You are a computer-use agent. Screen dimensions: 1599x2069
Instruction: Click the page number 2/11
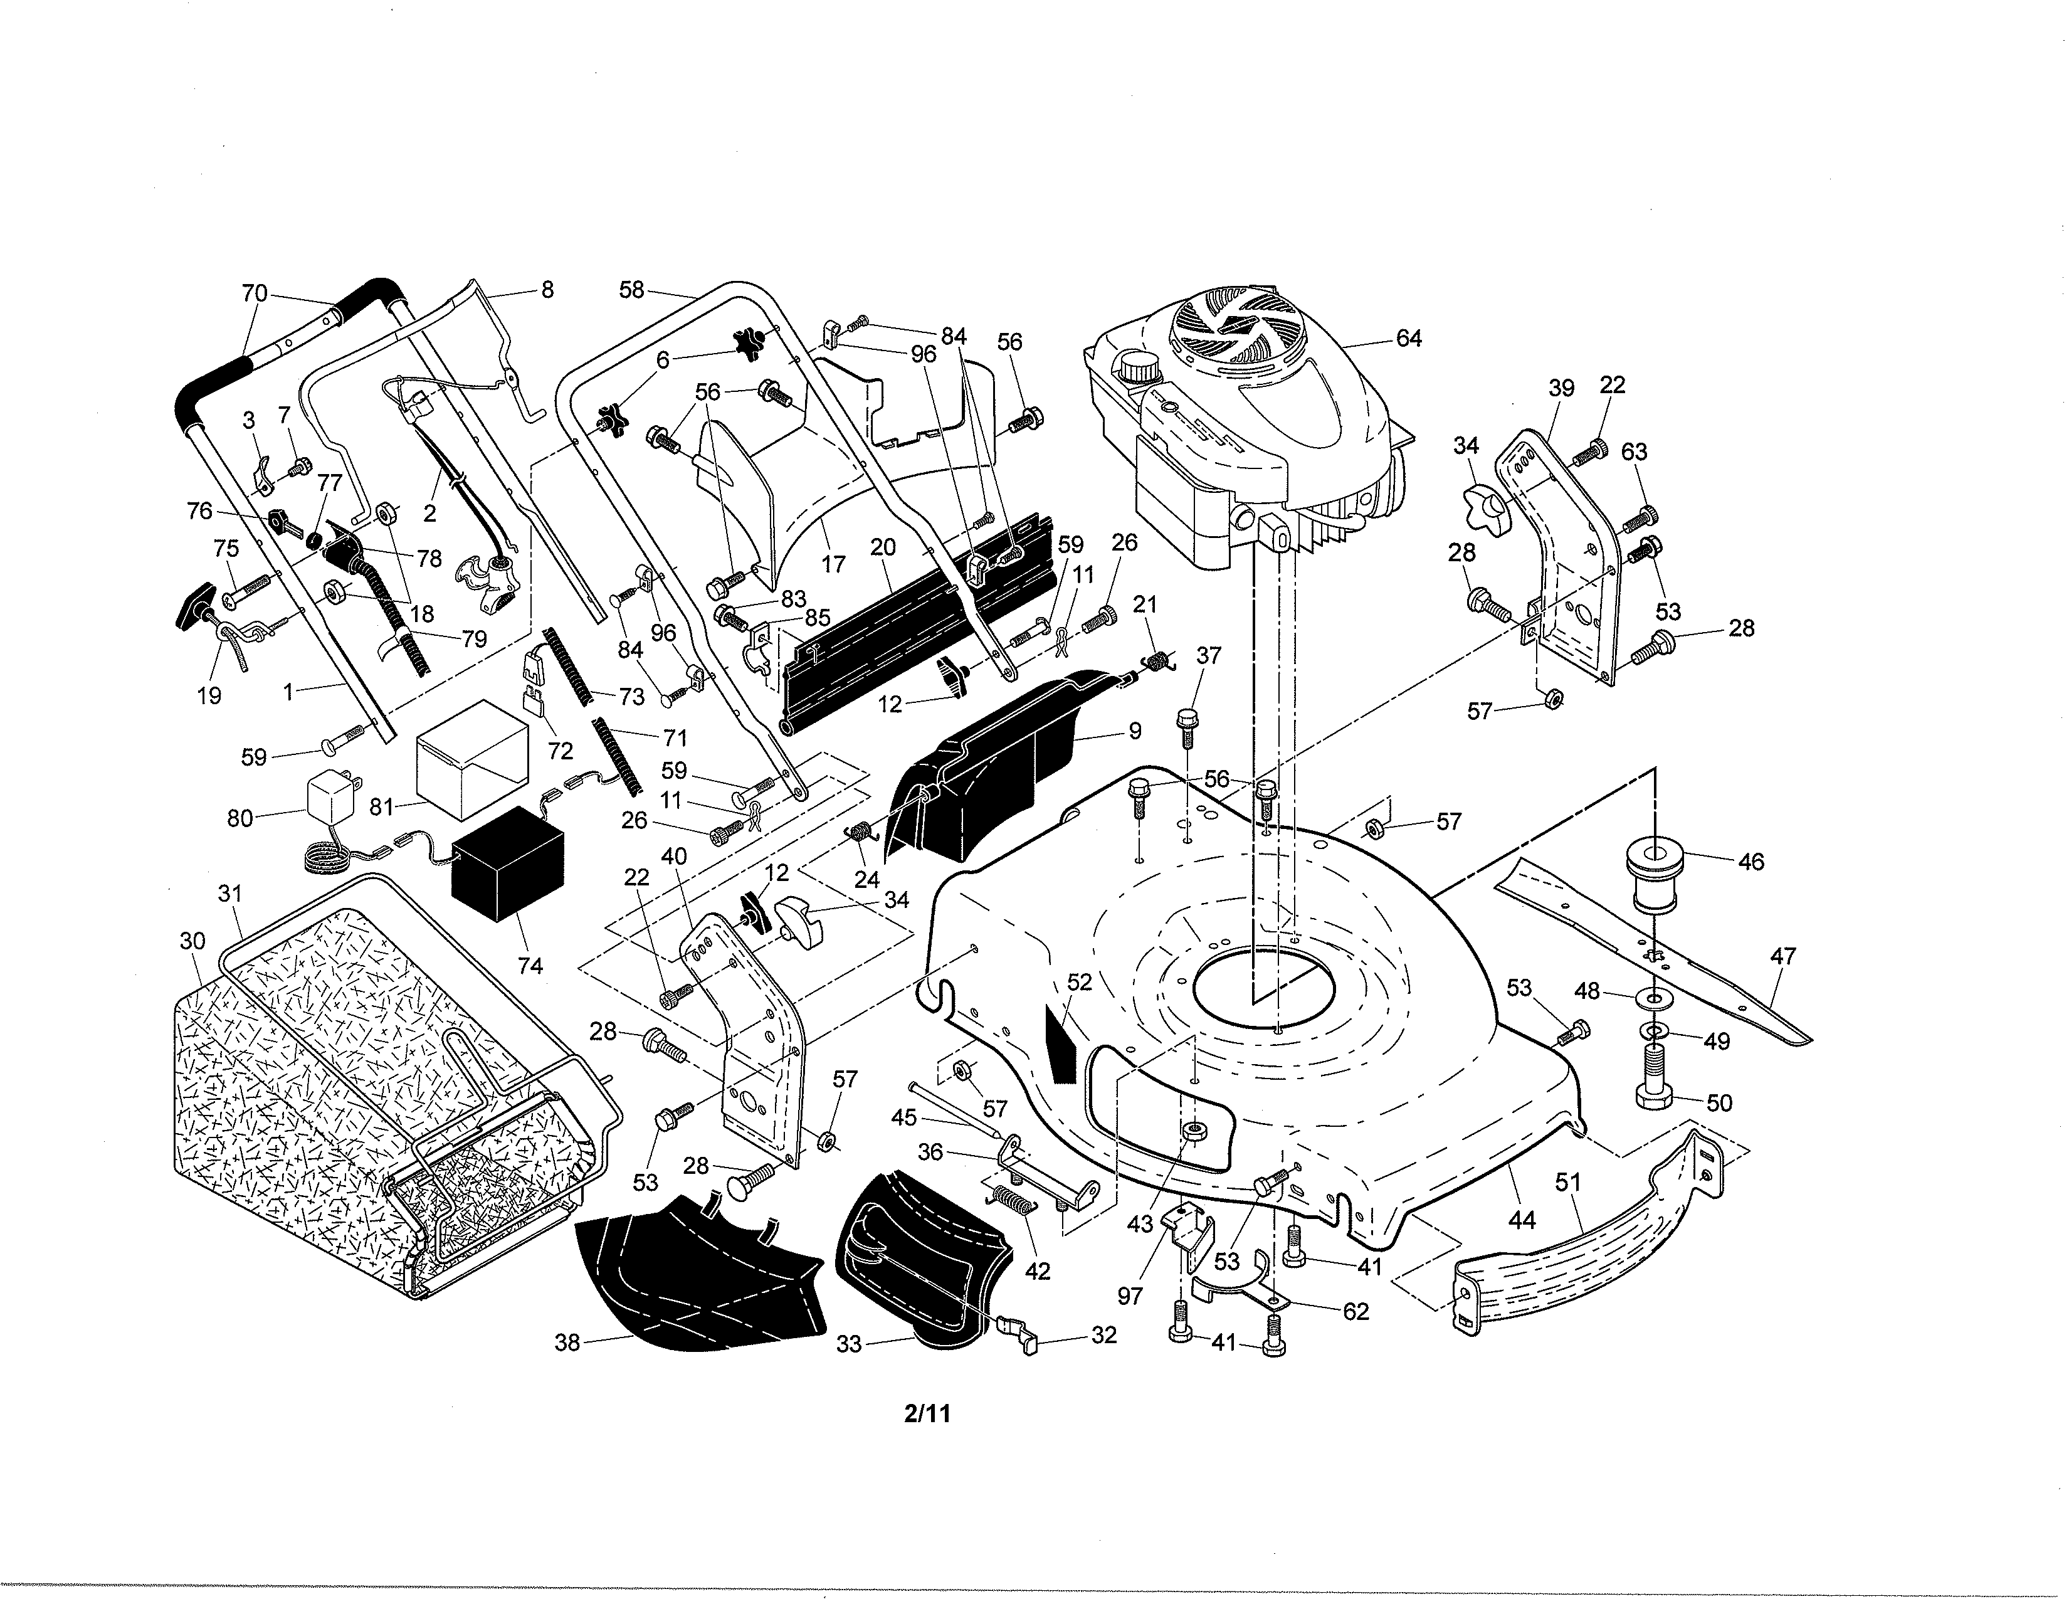click(x=927, y=1414)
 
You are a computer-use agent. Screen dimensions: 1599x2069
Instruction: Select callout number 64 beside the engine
click(x=1409, y=338)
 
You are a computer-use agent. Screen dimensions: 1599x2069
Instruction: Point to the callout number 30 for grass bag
click(x=192, y=941)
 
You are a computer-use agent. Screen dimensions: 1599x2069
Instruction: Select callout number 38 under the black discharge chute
click(x=567, y=1343)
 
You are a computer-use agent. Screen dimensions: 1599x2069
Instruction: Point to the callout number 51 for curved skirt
click(x=1568, y=1181)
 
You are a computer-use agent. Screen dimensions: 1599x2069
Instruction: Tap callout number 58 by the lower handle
click(x=632, y=289)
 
